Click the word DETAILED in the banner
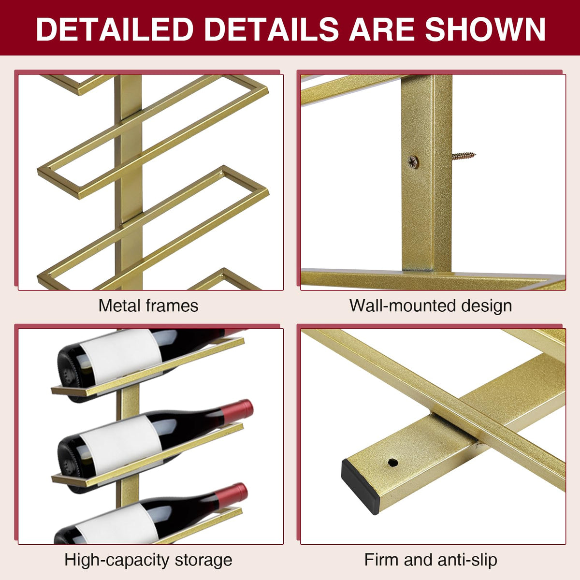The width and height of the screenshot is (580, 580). [115, 29]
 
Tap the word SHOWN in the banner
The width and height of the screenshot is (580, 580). [485, 29]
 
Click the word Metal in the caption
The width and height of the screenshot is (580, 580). [119, 305]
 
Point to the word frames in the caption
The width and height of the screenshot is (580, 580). [172, 305]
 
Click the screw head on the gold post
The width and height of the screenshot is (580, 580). [413, 162]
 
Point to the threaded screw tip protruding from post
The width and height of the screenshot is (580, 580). [464, 156]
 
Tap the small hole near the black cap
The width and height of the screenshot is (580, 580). [393, 463]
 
